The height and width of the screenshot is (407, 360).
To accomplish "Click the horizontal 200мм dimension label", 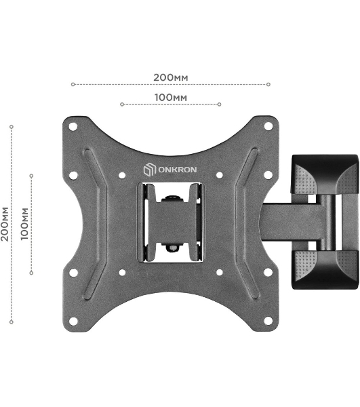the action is coord(171,77).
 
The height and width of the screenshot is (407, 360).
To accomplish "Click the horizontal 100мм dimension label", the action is coord(171,98).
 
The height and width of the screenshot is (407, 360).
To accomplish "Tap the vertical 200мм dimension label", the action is coord(5,225).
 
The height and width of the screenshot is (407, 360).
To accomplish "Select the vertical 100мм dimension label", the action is coord(24,224).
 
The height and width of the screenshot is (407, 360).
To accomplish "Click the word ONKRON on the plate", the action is coord(178,170).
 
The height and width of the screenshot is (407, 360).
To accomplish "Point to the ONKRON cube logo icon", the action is coord(150,169).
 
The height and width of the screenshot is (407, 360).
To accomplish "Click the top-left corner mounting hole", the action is coord(73,127).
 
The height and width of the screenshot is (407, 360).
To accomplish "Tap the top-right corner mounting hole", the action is coord(268,126).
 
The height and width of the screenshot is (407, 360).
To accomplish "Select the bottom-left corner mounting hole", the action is coord(73,321).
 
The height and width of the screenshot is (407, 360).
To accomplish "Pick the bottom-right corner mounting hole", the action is coord(268,321).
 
